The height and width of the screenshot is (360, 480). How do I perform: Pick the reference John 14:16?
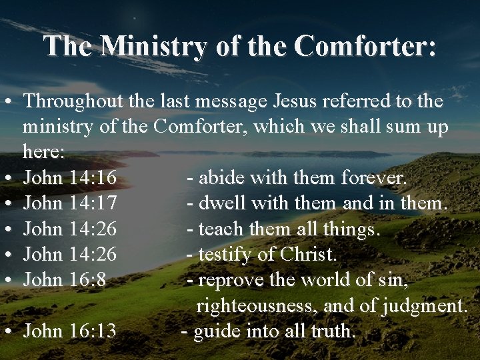[x=70, y=178]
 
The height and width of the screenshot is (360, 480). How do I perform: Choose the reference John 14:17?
[x=70, y=203]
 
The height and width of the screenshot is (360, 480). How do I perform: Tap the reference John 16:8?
[x=65, y=280]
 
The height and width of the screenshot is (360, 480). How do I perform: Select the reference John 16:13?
[x=70, y=331]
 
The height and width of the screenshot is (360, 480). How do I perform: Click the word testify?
[x=227, y=255]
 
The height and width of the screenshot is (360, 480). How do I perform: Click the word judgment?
[x=425, y=305]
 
